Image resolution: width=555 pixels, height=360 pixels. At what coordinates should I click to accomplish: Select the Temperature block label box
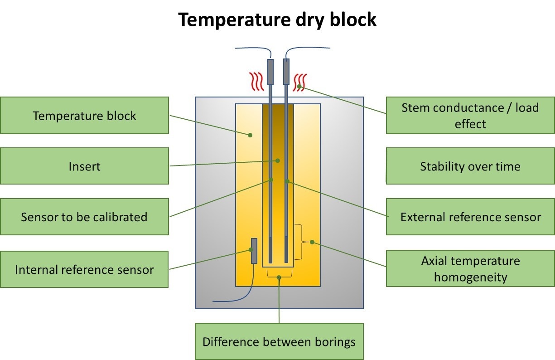point(84,116)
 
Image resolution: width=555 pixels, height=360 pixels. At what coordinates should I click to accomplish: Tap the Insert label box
point(84,166)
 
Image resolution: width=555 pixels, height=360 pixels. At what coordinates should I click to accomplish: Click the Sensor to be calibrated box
point(84,217)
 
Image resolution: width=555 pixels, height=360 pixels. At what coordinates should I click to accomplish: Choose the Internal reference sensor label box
point(84,270)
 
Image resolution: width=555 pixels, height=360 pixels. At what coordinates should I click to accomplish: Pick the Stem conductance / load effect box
point(470,116)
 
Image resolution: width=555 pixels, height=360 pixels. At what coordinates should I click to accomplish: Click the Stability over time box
point(470,166)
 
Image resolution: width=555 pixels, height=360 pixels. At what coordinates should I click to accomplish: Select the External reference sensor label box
point(470,217)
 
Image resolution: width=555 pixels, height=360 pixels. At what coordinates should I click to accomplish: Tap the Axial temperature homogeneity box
point(470,268)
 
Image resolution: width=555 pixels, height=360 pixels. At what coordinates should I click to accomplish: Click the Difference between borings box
point(279,341)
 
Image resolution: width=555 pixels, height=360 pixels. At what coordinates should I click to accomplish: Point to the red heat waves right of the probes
point(300,83)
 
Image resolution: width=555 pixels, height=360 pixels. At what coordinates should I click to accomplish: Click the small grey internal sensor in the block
point(254,251)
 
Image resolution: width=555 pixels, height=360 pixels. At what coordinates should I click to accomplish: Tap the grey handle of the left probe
point(270,72)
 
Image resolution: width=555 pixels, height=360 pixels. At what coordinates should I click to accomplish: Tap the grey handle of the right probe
point(286,72)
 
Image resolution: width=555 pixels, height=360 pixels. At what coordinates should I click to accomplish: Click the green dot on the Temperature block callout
point(250,135)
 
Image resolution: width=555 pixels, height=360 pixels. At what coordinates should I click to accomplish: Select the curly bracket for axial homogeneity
point(299,242)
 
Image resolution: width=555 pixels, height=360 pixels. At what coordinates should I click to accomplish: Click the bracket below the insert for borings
point(279,274)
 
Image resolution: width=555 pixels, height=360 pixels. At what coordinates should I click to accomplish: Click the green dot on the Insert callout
point(278,160)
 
